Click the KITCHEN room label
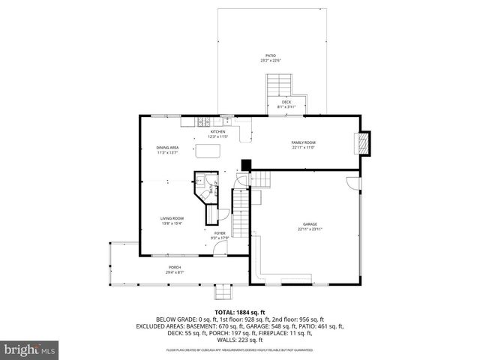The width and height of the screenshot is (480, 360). pyautogui.click(x=217, y=131)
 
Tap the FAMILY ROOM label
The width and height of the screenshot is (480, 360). pyautogui.click(x=304, y=142)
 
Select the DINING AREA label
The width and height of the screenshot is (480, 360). pyautogui.click(x=167, y=148)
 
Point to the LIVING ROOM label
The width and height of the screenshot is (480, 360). pyautogui.click(x=172, y=218)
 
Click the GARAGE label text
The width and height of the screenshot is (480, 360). pyautogui.click(x=310, y=223)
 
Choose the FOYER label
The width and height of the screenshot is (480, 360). pyautogui.click(x=220, y=233)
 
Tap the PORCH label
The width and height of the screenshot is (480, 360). pyautogui.click(x=175, y=268)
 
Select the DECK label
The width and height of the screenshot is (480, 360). pyautogui.click(x=286, y=102)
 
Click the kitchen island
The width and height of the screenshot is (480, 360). pyautogui.click(x=208, y=152)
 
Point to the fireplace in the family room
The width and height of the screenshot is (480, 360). pyautogui.click(x=363, y=142)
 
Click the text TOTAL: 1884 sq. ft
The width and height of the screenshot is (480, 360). pyautogui.click(x=239, y=311)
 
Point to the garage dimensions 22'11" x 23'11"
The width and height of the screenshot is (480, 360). pyautogui.click(x=310, y=229)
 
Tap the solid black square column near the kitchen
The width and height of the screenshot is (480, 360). pyautogui.click(x=245, y=164)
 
